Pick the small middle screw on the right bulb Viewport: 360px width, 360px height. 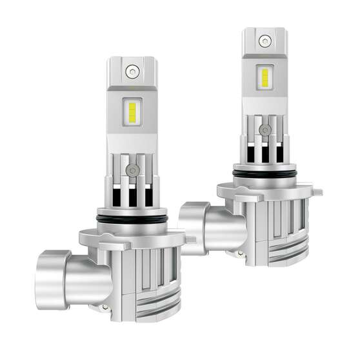click(264, 130)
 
